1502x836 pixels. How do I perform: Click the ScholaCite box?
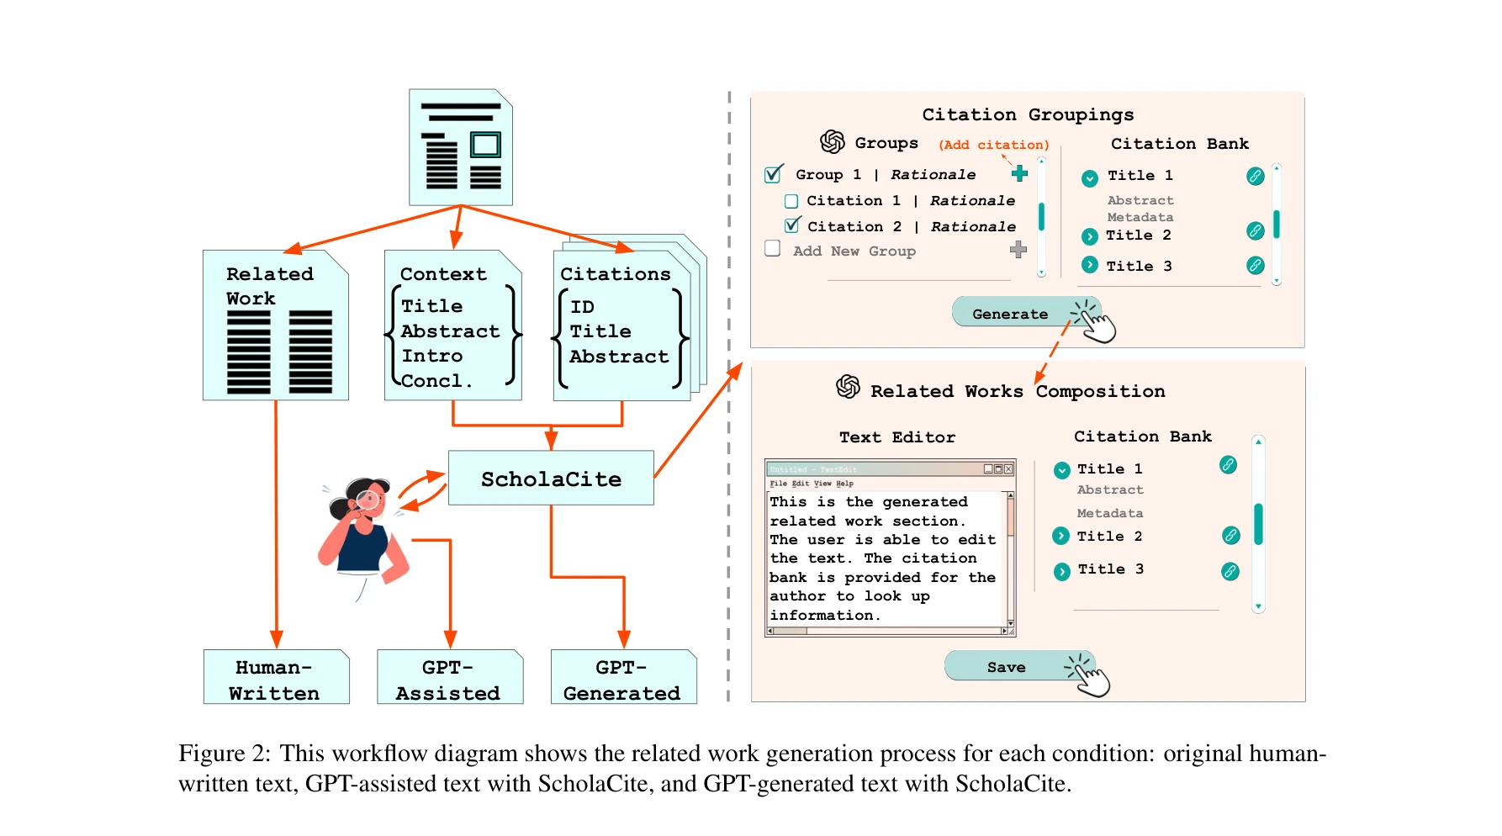(551, 479)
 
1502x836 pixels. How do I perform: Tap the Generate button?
(1010, 314)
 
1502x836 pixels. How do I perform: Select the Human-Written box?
(276, 678)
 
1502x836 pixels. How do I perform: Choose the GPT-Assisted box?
(449, 678)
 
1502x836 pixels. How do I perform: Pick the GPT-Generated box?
(623, 678)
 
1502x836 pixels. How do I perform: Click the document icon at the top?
(461, 148)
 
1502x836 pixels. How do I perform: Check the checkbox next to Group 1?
(773, 175)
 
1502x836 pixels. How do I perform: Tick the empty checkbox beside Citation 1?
(791, 201)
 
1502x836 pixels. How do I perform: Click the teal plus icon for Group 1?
(1019, 173)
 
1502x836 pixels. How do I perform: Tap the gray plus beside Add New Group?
(1018, 250)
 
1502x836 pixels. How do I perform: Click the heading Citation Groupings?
(1028, 114)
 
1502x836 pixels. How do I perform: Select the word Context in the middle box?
(443, 274)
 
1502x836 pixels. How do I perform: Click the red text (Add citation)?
(993, 145)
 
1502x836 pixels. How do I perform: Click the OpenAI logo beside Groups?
(833, 142)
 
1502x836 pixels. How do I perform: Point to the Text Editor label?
(897, 437)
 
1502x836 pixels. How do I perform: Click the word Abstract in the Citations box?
(619, 357)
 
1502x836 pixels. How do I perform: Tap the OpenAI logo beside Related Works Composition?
(848, 387)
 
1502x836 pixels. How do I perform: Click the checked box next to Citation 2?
(791, 225)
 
